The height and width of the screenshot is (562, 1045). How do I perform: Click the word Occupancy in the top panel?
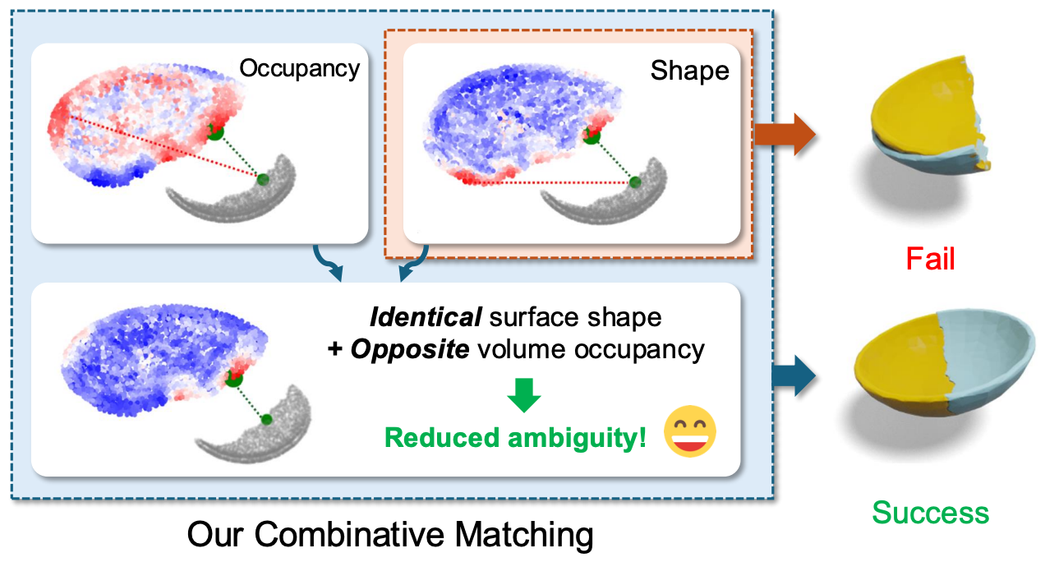coord(299,68)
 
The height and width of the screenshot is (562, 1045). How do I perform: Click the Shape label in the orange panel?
coord(689,71)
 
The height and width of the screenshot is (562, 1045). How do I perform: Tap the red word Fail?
coord(931,260)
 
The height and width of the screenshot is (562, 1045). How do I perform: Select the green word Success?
coord(930,513)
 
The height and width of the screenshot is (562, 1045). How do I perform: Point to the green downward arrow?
coord(524,394)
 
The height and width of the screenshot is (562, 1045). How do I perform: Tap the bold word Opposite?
coord(410,349)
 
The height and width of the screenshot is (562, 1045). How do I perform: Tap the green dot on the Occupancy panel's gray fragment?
coord(263,179)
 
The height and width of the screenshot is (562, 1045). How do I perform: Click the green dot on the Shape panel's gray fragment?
coord(635,182)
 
